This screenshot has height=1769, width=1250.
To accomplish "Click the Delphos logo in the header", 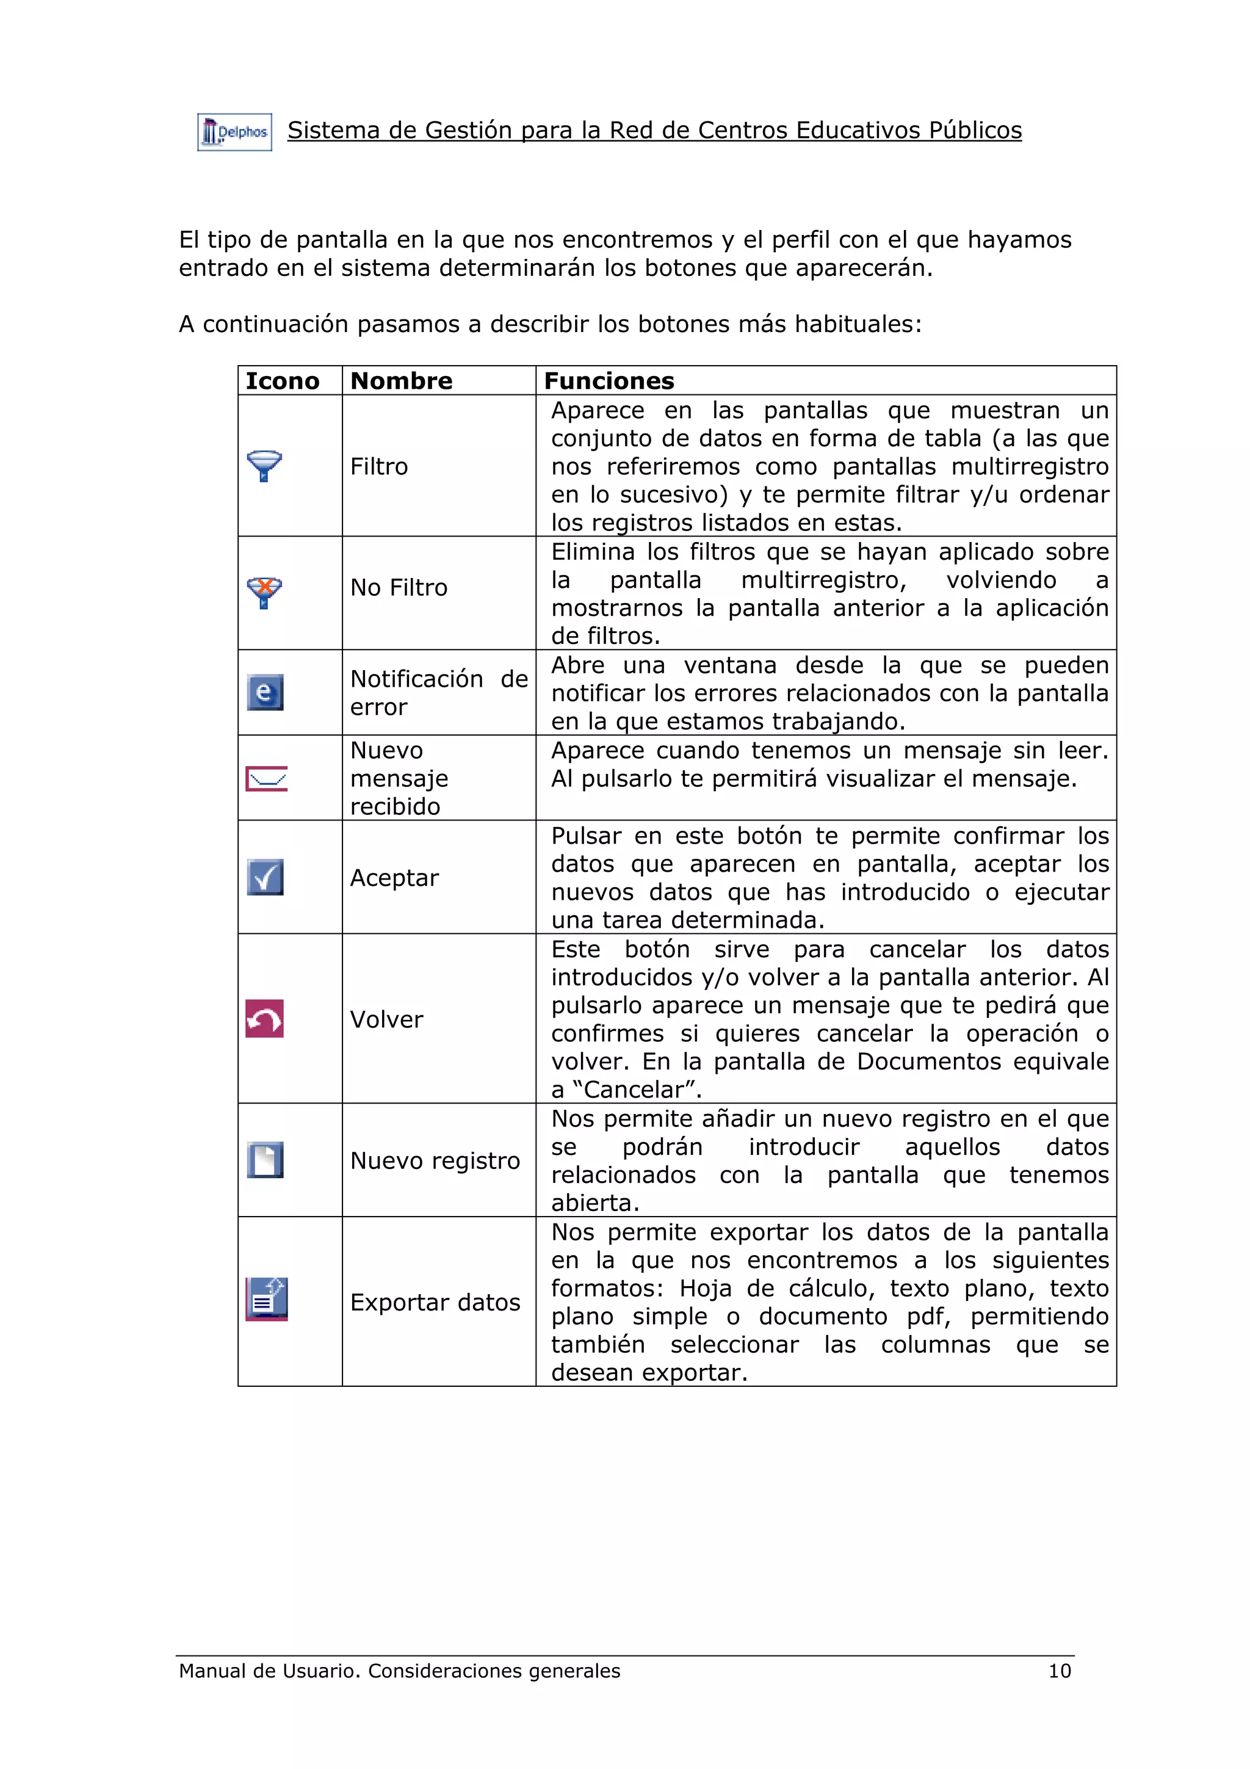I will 234,132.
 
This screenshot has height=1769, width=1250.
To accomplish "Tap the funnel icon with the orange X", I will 264,593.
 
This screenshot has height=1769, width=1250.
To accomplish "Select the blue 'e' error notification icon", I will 265,692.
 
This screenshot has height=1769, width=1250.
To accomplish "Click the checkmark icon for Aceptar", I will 266,877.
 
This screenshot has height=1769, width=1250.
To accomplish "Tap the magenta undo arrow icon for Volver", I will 265,1019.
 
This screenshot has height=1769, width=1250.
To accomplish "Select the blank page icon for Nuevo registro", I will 266,1160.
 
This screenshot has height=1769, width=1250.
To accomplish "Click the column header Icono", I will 282,381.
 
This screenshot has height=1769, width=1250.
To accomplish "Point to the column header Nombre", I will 401,381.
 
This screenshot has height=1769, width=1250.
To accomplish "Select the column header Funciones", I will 609,381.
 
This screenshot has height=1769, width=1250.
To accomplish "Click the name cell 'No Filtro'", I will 398,588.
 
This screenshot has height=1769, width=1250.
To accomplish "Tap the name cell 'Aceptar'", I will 394,878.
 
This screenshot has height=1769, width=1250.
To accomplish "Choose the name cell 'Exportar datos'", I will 435,1302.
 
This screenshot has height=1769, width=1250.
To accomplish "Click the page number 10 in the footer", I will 1059,1670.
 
